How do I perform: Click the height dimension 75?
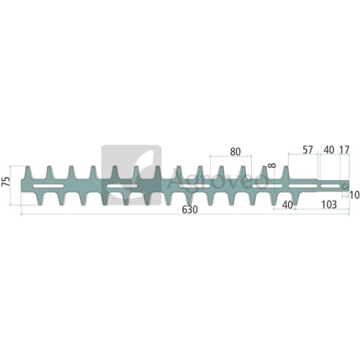point(6,181)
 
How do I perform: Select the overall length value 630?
point(190,210)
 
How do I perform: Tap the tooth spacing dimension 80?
point(235,151)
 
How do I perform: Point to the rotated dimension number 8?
point(272,165)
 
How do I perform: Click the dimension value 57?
point(307,150)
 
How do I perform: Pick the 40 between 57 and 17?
point(329,150)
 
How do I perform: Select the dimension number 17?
point(344,150)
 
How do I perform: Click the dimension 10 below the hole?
point(354,195)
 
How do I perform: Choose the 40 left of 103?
point(287,205)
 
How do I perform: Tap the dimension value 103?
point(329,205)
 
